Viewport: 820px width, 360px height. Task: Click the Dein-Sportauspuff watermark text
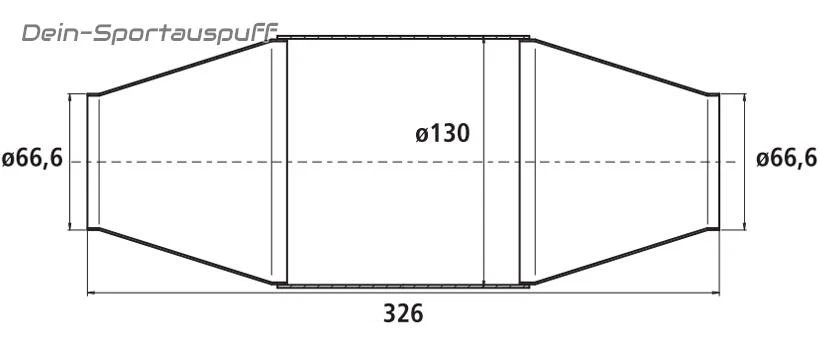(150, 34)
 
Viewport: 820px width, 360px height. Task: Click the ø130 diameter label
(442, 132)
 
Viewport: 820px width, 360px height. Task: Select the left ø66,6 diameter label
(32, 159)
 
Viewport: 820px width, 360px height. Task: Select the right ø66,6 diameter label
(787, 158)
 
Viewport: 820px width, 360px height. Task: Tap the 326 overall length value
(403, 314)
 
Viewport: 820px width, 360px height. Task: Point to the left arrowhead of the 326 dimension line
(93, 293)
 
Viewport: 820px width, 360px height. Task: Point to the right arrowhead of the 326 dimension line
(715, 293)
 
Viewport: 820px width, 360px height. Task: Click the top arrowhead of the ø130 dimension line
(484, 42)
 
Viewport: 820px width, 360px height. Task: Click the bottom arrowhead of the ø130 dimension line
(484, 283)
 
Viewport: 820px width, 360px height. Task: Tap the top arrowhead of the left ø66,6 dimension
(70, 98)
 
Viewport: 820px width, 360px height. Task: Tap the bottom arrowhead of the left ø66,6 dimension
(70, 225)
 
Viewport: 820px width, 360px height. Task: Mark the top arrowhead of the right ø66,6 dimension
(742, 98)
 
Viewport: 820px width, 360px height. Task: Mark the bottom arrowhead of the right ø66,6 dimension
(742, 225)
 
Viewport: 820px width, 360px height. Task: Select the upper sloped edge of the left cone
(185, 68)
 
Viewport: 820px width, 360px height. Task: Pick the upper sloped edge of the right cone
(620, 67)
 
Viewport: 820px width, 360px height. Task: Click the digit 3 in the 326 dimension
(390, 314)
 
